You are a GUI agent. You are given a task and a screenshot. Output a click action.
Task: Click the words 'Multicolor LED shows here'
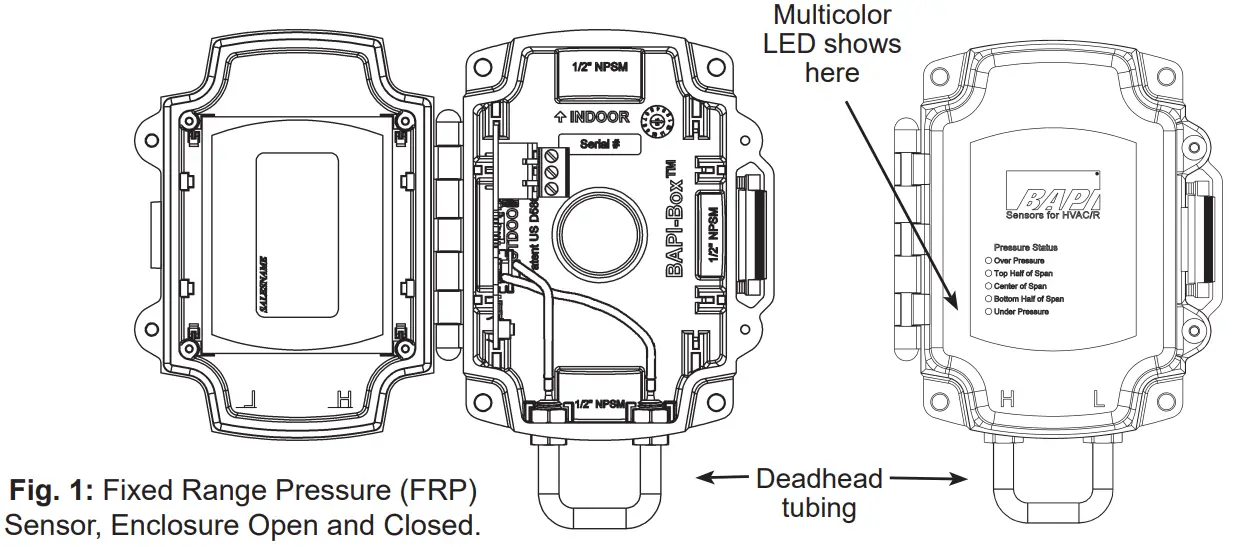pyautogui.click(x=832, y=44)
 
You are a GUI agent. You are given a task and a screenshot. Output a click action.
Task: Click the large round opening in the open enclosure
pyautogui.click(x=598, y=236)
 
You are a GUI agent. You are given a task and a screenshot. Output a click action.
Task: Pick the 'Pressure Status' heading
pyautogui.click(x=1025, y=247)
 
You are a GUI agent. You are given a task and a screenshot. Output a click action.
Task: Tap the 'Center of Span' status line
pyautogui.click(x=1020, y=286)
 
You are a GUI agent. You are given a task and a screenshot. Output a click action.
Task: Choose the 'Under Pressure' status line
pyautogui.click(x=1020, y=312)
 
